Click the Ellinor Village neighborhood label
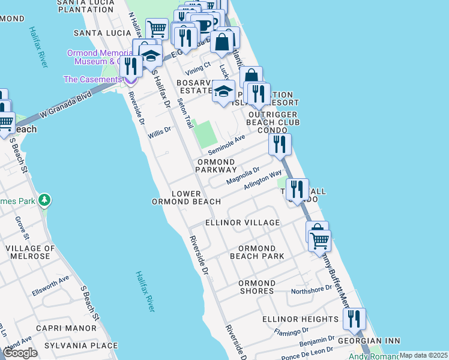pos(243,223)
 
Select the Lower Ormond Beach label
pos(187,197)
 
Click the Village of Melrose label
pos(31,252)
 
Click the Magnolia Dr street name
pos(243,176)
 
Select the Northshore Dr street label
pos(311,290)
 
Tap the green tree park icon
pos(44,200)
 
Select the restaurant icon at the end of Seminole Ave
pos(280,144)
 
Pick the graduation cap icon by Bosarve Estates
pos(223,92)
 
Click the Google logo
pos(20,353)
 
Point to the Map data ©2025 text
pos(423,355)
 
